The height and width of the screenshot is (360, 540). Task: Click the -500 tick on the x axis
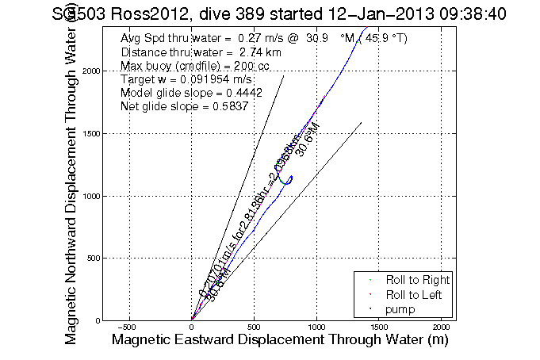[x=130, y=327]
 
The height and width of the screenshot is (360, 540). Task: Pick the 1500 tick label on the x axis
[x=379, y=327]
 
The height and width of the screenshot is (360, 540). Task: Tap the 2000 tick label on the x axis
[x=442, y=327]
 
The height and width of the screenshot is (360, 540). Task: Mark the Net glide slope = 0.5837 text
[x=182, y=108]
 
